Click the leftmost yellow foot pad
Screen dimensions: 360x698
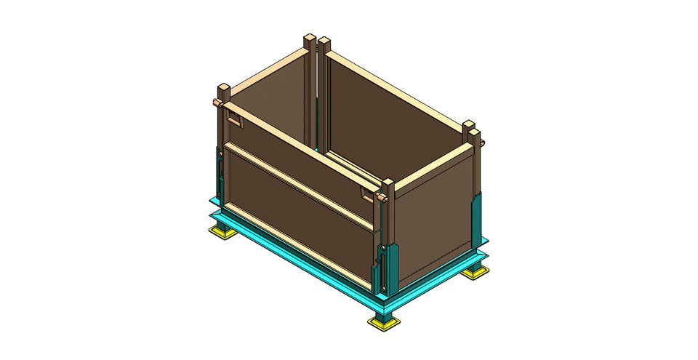(x=220, y=233)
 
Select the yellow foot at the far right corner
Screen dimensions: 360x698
(x=476, y=271)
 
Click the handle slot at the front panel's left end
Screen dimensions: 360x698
(x=235, y=119)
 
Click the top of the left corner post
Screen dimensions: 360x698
(x=224, y=89)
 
